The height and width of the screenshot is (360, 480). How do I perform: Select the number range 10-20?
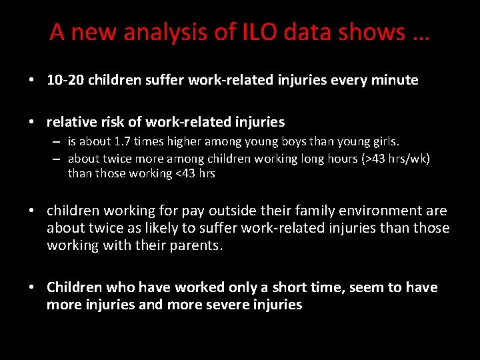pyautogui.click(x=65, y=81)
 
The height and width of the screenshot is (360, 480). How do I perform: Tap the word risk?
pyautogui.click(x=115, y=122)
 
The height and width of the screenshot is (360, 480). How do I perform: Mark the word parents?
pyautogui.click(x=199, y=245)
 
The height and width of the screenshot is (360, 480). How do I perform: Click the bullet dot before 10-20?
pyautogui.click(x=32, y=81)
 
